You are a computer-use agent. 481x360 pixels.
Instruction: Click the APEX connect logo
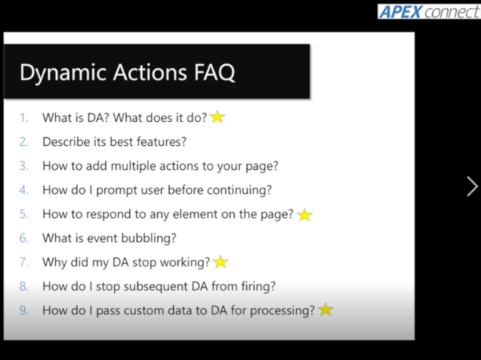pyautogui.click(x=428, y=12)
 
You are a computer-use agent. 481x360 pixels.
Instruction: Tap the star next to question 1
pyautogui.click(x=217, y=117)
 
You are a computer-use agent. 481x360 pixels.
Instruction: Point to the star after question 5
pyautogui.click(x=305, y=215)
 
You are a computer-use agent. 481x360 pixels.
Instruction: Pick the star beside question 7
pyautogui.click(x=221, y=261)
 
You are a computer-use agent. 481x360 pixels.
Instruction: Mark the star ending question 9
pyautogui.click(x=325, y=309)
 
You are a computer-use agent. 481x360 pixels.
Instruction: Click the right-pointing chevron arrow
pyautogui.click(x=471, y=187)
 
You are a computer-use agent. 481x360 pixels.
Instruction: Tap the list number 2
pyautogui.click(x=24, y=142)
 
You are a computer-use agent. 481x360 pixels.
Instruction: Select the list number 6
pyautogui.click(x=24, y=238)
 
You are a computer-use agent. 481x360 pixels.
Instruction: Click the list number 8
pyautogui.click(x=24, y=286)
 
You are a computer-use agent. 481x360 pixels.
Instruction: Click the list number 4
pyautogui.click(x=24, y=190)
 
